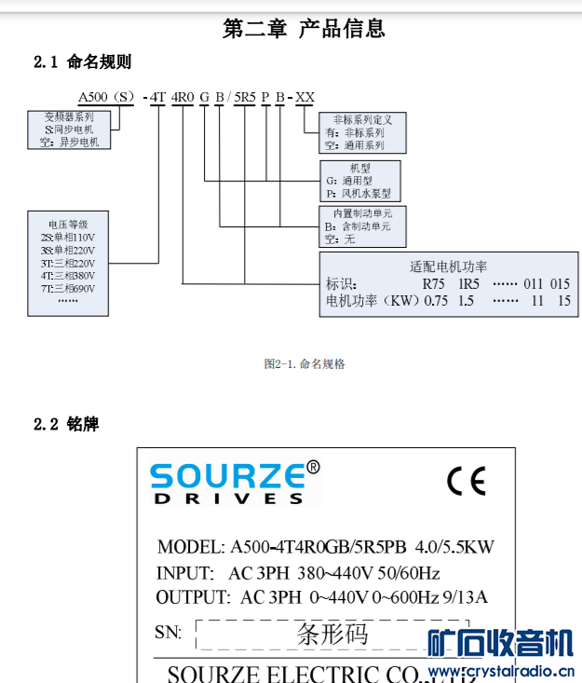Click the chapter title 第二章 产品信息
click(304, 28)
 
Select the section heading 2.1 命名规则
click(82, 62)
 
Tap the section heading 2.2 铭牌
click(66, 425)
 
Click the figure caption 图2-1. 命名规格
click(305, 364)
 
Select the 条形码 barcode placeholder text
click(332, 635)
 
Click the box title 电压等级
click(68, 225)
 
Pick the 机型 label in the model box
click(346, 167)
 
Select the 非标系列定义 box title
click(362, 120)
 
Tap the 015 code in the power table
click(560, 284)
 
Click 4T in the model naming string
click(157, 97)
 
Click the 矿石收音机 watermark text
click(499, 644)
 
